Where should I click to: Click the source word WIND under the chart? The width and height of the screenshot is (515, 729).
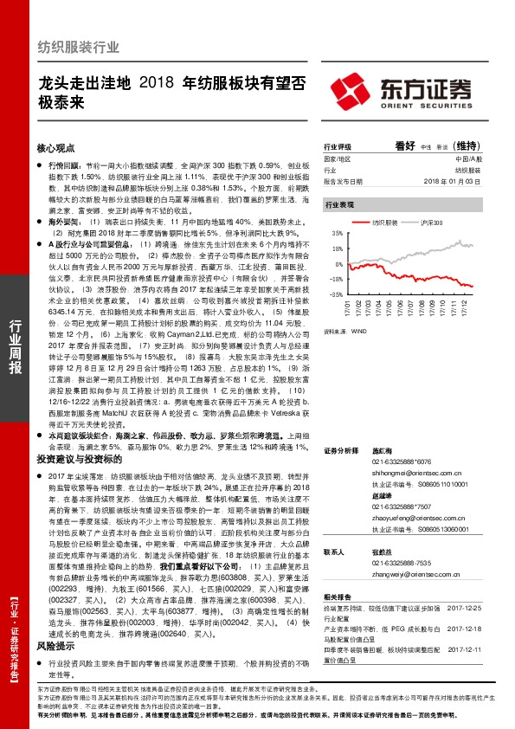click(x=358, y=330)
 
